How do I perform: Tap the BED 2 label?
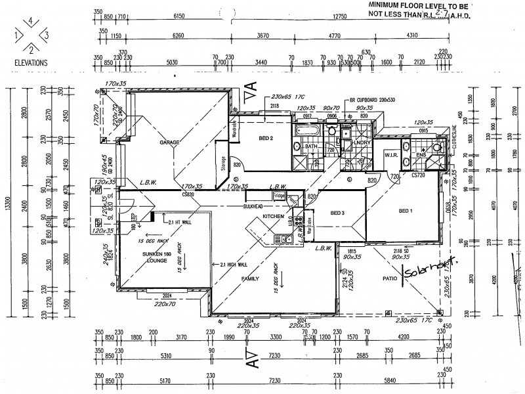click(266, 139)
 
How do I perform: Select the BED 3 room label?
click(337, 213)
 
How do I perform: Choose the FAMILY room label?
click(251, 278)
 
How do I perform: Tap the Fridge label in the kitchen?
click(280, 196)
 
